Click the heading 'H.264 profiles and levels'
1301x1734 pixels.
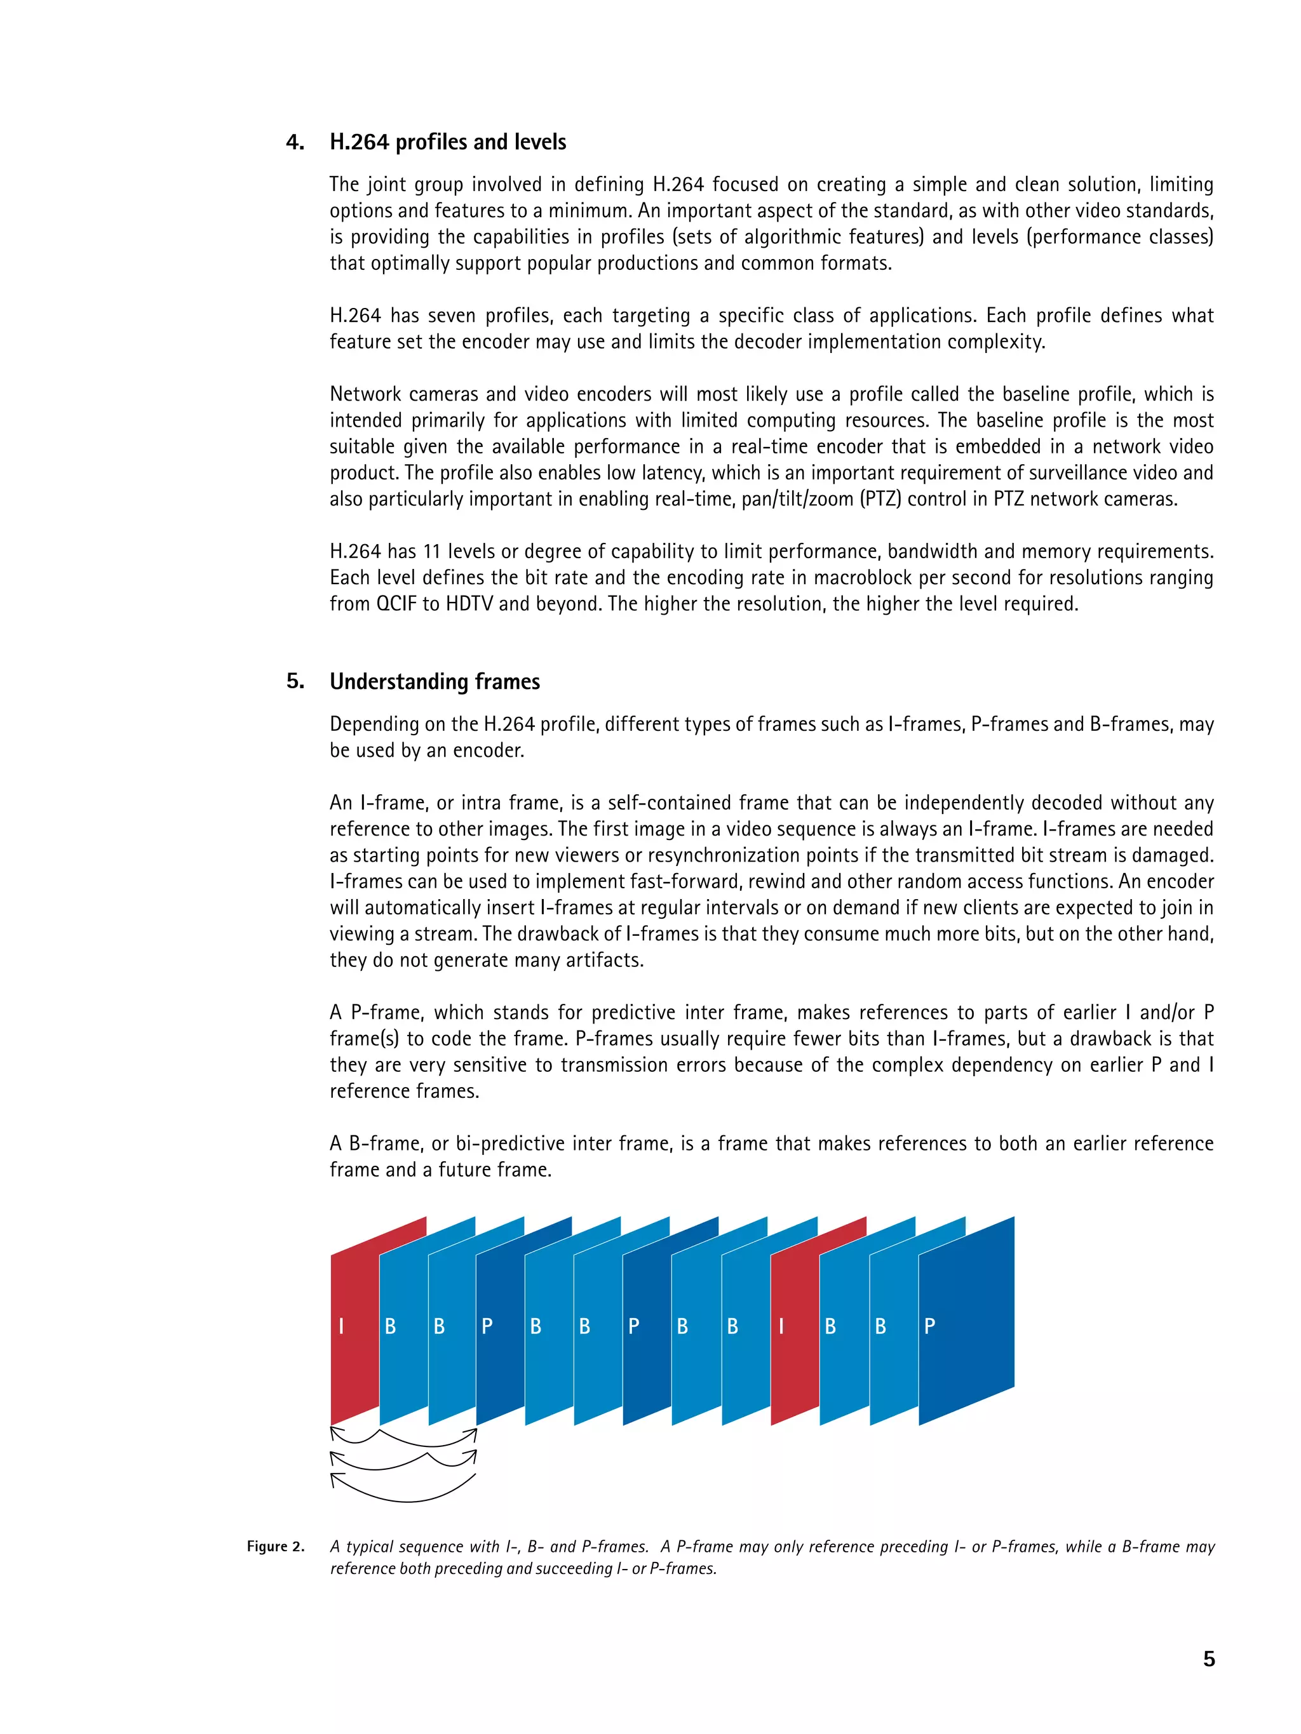(x=447, y=142)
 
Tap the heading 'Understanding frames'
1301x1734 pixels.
(x=435, y=681)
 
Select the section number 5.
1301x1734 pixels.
(x=294, y=681)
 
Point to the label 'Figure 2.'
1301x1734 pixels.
(x=275, y=1546)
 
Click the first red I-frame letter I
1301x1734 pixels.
(x=341, y=1326)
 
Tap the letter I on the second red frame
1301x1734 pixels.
(x=781, y=1326)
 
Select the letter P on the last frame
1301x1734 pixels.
(x=929, y=1326)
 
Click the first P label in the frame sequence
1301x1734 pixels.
(x=487, y=1326)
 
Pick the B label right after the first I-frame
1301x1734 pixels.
(x=390, y=1326)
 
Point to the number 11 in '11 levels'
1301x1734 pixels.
(x=431, y=552)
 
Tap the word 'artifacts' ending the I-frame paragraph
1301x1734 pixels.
(x=607, y=960)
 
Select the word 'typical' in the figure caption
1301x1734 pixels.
(x=371, y=1547)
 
